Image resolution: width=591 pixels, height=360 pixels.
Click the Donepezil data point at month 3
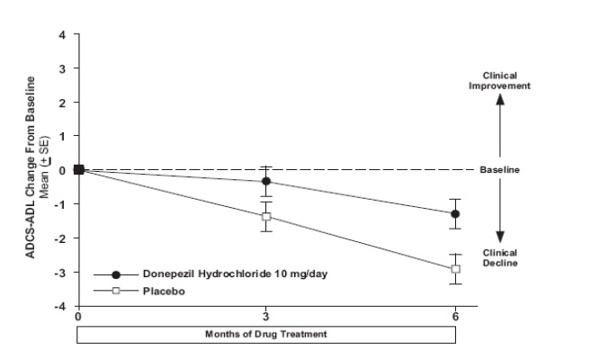click(266, 181)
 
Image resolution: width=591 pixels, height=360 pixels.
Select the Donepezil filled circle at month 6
click(455, 214)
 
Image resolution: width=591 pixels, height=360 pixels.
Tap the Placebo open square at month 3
click(266, 217)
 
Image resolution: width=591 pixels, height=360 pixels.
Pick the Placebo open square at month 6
click(455, 268)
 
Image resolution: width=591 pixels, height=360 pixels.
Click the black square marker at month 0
click(78, 169)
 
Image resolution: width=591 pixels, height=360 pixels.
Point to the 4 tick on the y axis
click(63, 35)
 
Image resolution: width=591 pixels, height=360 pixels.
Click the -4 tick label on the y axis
click(61, 306)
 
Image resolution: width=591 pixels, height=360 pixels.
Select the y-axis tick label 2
click(63, 103)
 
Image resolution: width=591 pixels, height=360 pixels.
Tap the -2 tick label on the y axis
click(61, 238)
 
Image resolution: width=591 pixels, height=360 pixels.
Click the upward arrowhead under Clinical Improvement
click(501, 101)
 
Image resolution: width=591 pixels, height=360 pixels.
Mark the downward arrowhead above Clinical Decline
click(501, 237)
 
